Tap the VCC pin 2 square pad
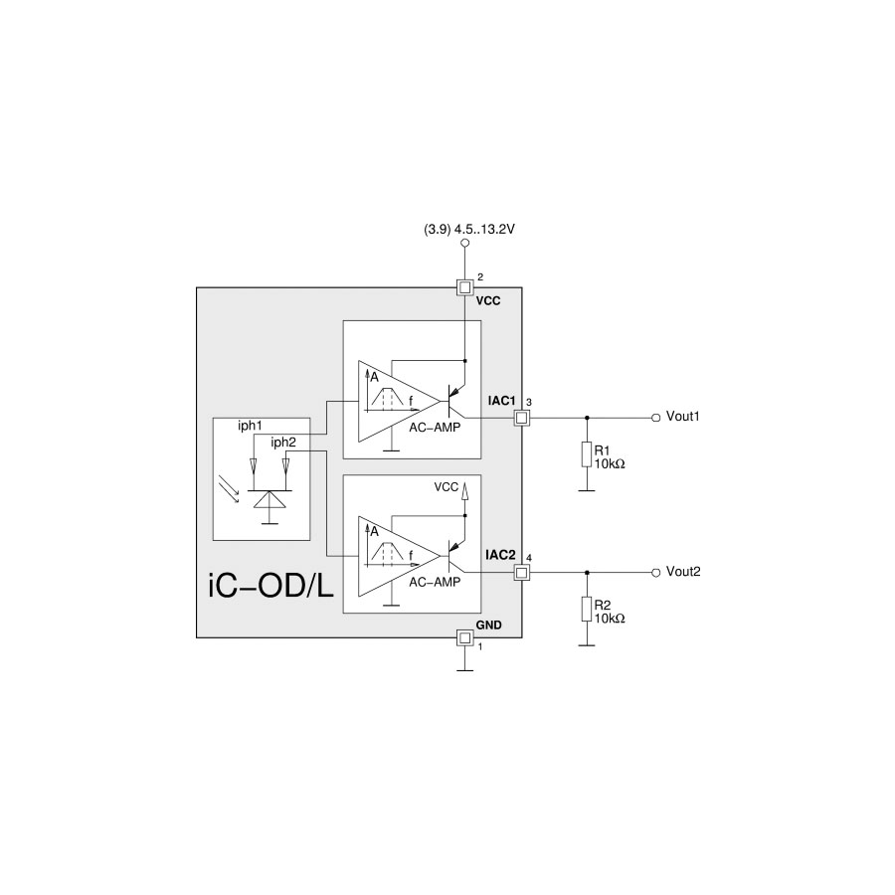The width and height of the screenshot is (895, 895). (x=464, y=287)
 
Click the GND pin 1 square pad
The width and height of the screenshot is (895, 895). (x=464, y=637)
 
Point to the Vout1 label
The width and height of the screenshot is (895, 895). (x=683, y=418)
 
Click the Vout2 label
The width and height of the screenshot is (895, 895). (x=683, y=573)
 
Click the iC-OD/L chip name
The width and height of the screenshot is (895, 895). (x=271, y=586)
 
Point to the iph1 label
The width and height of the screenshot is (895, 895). (x=250, y=427)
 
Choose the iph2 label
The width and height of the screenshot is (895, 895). (x=283, y=442)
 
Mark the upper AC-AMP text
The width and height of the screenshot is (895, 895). (x=435, y=427)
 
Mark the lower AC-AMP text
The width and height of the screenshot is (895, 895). (x=435, y=582)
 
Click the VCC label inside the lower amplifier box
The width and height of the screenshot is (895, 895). (x=447, y=488)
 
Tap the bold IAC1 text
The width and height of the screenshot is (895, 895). (x=500, y=401)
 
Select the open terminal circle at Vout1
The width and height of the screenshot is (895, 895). (x=655, y=419)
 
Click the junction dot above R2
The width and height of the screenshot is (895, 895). (x=587, y=574)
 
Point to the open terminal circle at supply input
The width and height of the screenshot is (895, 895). (x=464, y=242)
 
